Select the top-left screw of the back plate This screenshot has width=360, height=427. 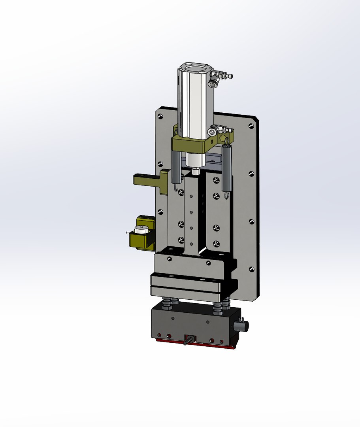point(160,116)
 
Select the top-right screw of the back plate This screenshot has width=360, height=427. point(251,126)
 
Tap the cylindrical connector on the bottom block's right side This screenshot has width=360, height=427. point(241,326)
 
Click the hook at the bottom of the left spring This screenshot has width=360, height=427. point(175,189)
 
